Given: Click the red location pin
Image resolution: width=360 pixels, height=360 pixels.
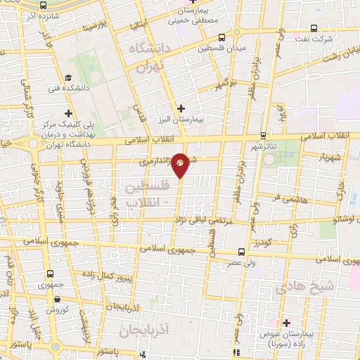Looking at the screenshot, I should coord(180,163).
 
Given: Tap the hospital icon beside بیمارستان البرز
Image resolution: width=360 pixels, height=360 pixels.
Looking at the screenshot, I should coord(181,108).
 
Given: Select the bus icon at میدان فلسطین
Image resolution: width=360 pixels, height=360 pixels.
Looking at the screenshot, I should coord(222,37).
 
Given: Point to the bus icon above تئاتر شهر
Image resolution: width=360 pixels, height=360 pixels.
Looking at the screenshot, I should coord(263,136).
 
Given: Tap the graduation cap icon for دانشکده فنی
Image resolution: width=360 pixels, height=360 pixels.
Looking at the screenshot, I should coord(68,78).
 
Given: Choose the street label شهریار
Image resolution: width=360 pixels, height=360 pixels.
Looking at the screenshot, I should coord(330,157).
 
